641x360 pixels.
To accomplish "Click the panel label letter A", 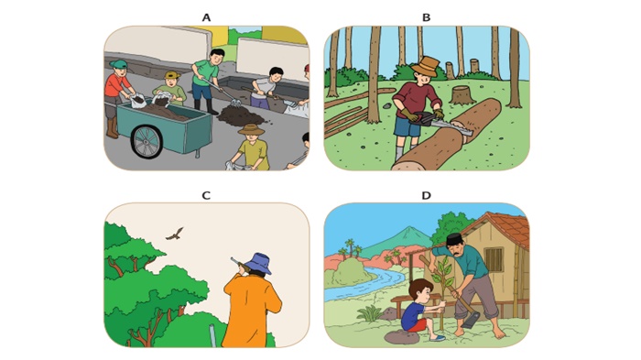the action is (x=206, y=17).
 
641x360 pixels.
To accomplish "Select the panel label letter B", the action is (x=426, y=17).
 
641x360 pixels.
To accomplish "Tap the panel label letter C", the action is (x=206, y=195).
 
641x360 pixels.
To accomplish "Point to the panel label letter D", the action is (x=426, y=195).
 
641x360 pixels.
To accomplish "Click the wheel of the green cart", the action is (x=147, y=142).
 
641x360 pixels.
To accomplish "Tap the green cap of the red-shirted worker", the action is (x=118, y=64).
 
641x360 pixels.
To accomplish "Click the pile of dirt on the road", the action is (x=240, y=115).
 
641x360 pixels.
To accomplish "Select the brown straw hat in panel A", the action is (x=252, y=130).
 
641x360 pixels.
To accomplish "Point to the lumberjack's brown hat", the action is (x=426, y=65).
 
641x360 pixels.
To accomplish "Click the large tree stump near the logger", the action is (x=462, y=95).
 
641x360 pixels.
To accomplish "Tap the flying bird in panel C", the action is (x=175, y=234).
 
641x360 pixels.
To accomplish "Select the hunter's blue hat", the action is (x=257, y=264).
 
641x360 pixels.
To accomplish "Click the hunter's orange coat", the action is (x=252, y=311).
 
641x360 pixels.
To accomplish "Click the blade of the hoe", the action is (x=471, y=319).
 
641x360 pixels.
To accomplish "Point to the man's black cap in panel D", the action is (x=454, y=239).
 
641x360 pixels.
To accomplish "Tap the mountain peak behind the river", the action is (x=406, y=229).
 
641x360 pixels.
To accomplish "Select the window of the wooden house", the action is (x=494, y=260).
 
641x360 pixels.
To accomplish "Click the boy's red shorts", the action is (x=417, y=325).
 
